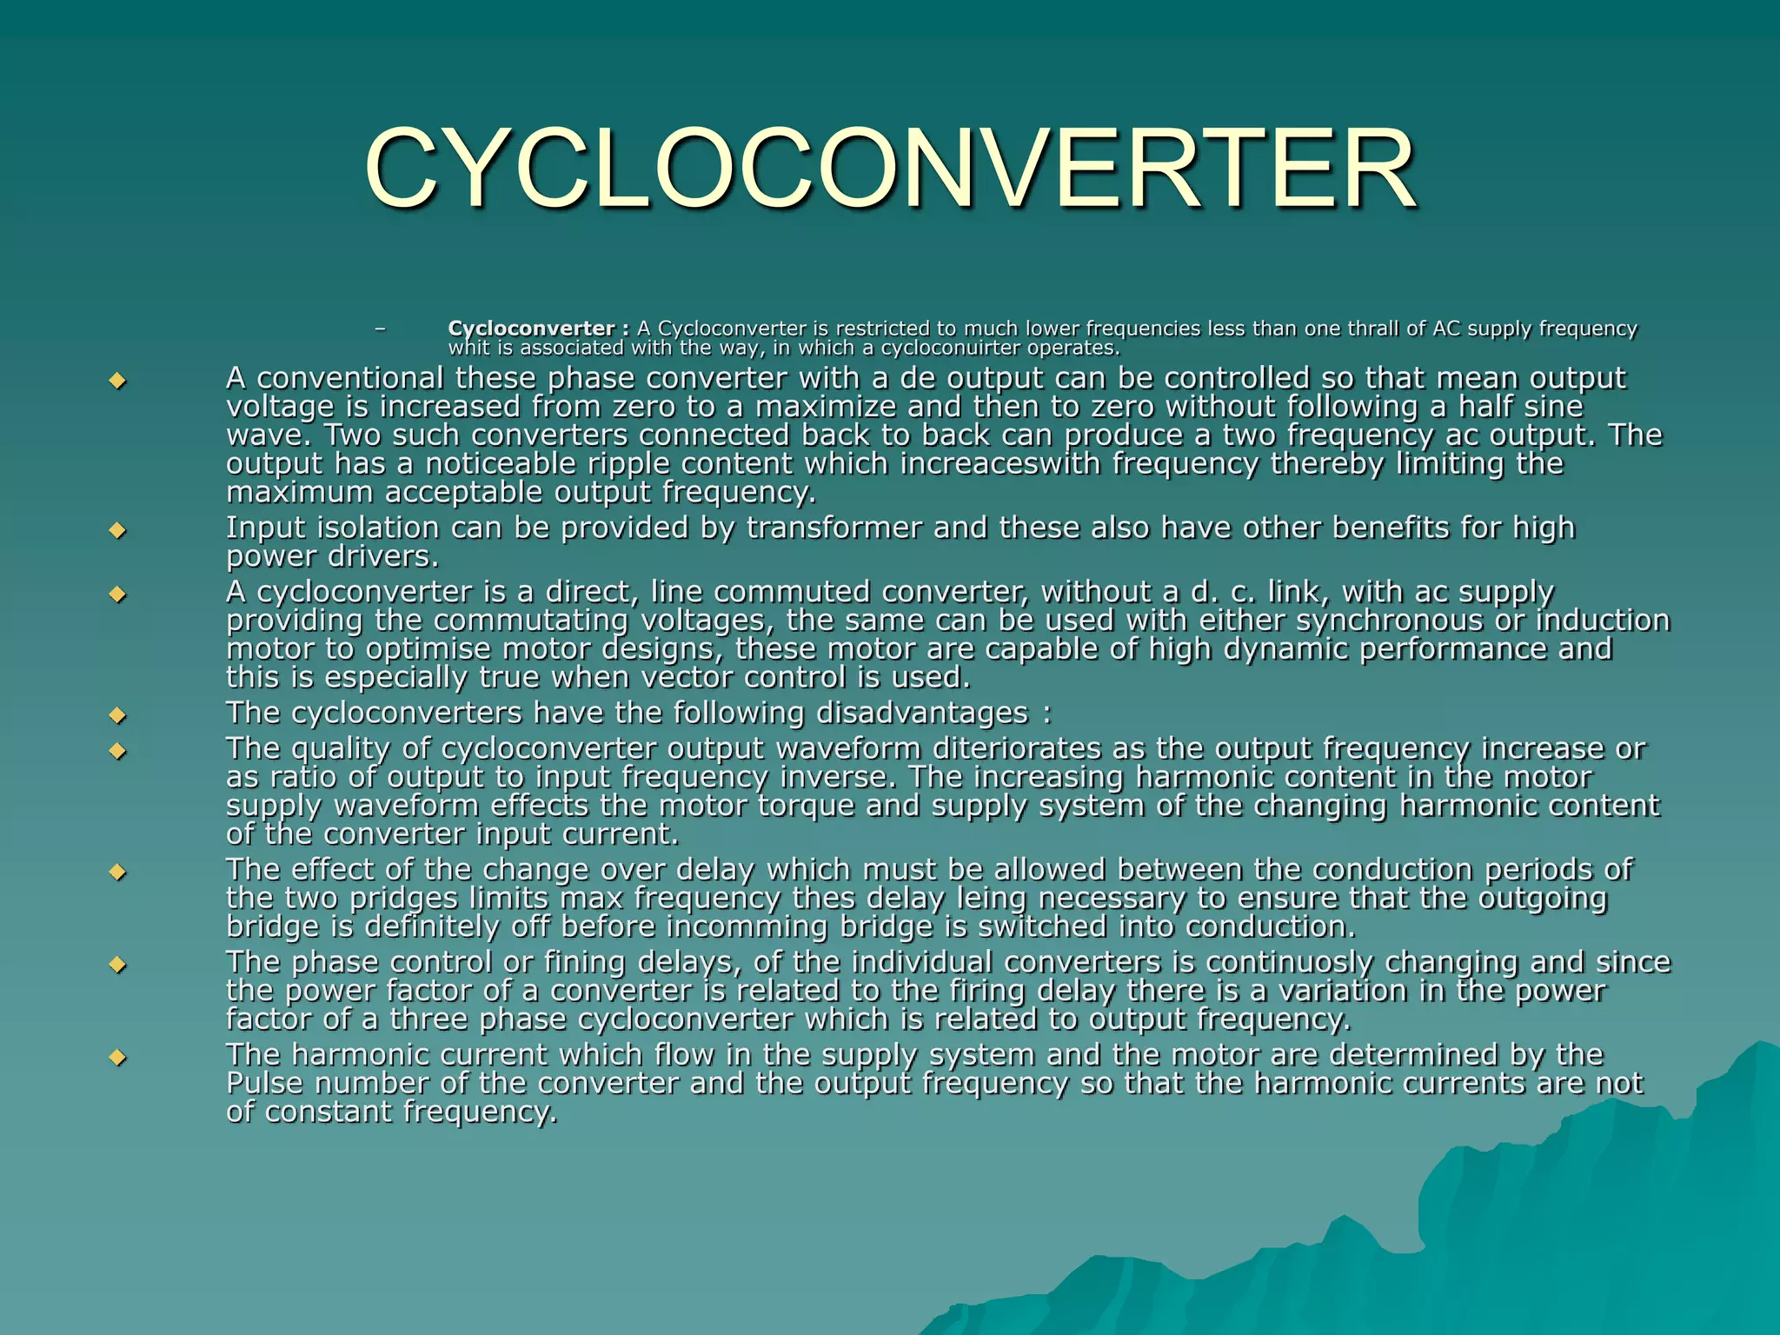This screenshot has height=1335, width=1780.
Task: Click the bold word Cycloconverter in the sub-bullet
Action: (530, 329)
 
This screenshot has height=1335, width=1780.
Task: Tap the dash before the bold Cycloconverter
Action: (378, 329)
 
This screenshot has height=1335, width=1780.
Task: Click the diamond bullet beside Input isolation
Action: (117, 529)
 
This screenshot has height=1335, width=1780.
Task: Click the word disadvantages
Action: (921, 714)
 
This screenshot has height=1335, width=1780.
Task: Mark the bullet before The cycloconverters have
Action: (117, 716)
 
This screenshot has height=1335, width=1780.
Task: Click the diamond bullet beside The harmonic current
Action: (117, 1057)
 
